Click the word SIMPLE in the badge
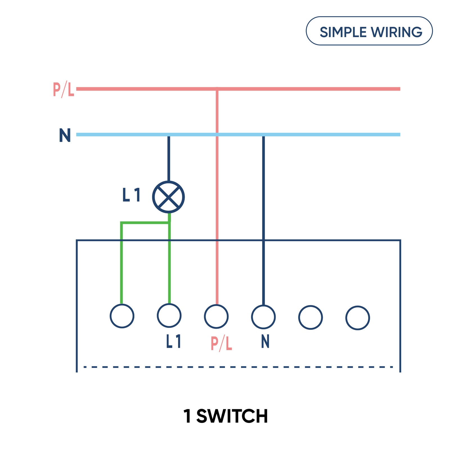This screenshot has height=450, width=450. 343,32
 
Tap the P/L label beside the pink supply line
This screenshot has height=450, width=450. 64,89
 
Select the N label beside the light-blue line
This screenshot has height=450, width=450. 65,135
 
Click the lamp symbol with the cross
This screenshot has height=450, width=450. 168,197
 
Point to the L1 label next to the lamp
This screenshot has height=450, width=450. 131,195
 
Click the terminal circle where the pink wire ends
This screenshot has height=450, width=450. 216,316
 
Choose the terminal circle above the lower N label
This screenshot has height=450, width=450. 263,317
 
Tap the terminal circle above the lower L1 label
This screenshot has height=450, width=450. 169,316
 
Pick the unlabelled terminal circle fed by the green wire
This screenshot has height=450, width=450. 122,316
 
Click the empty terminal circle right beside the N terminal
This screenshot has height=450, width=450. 310,317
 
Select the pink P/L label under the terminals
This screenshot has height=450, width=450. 221,343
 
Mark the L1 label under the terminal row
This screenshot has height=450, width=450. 174,341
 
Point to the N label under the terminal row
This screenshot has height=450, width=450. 265,341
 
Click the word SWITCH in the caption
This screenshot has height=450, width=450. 232,416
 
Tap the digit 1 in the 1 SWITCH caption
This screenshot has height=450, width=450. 187,416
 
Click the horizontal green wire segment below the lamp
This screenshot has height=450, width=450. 145,223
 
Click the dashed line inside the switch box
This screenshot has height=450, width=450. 238,367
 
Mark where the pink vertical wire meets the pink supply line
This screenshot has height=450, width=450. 217,89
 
